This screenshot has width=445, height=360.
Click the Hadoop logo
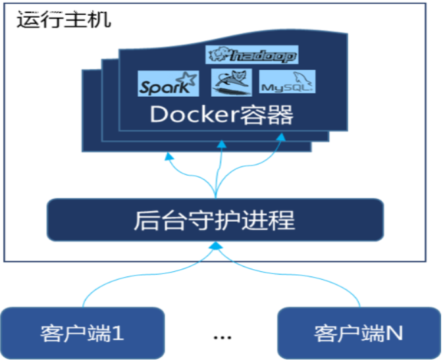(x=252, y=55)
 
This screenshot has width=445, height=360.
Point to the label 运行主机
(x=64, y=19)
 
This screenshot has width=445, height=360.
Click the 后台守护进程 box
(x=215, y=220)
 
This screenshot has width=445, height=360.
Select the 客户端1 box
(x=82, y=332)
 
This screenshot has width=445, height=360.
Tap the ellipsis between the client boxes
(x=222, y=336)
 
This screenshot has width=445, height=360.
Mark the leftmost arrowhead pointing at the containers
(x=169, y=157)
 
